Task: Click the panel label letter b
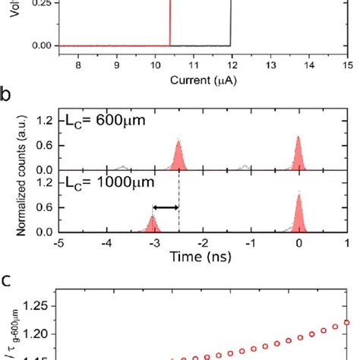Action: tap(6, 97)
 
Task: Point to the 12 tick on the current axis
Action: tap(230, 65)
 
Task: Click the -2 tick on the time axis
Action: tap(203, 245)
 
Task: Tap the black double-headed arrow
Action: tap(166, 207)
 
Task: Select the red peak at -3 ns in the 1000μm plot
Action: tap(154, 226)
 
